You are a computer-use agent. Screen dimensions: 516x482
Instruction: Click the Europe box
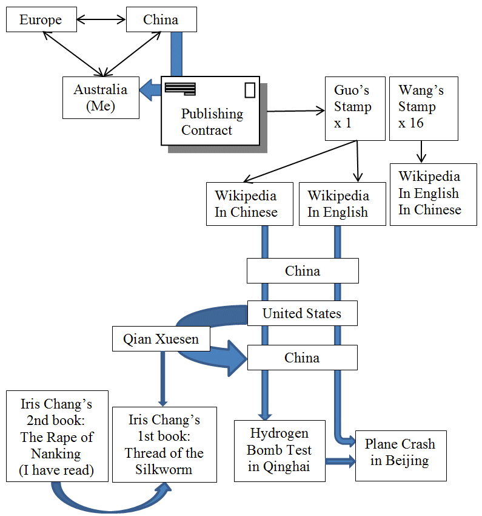coord(41,20)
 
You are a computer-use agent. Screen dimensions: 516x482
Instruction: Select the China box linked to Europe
coord(161,20)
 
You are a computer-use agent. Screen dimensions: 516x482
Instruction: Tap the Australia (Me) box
coord(101,98)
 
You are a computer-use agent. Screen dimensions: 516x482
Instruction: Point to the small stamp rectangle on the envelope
coord(250,90)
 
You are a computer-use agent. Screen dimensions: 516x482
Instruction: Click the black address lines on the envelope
coord(180,89)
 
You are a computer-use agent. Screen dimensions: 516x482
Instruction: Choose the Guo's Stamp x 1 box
coord(355,107)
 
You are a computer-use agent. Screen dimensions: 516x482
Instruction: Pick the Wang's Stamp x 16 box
coord(423,107)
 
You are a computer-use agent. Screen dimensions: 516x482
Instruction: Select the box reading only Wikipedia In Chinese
coord(246,204)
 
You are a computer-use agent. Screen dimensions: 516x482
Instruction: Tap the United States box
coord(302,314)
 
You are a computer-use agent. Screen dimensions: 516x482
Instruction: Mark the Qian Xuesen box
coord(161,339)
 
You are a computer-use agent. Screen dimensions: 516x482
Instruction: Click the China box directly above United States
coord(302,271)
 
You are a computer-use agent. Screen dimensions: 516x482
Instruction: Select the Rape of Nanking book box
coord(57,436)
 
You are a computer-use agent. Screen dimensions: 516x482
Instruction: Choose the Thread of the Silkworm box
coord(164,444)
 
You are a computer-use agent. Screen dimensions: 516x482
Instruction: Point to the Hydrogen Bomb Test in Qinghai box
coord(279,450)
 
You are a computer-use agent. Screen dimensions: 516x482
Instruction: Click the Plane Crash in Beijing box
coord(400,452)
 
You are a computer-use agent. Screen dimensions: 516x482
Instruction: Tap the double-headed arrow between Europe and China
coord(101,20)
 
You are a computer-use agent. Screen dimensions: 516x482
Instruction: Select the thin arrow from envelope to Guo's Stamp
coord(295,110)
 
